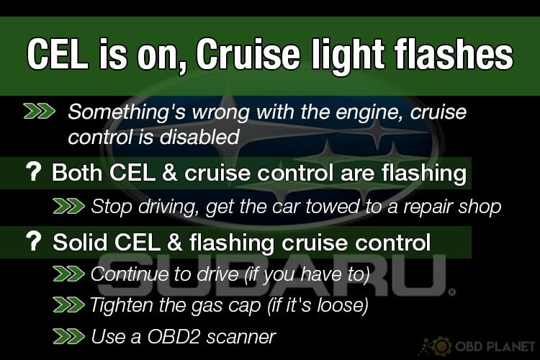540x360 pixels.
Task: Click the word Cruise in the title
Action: point(248,55)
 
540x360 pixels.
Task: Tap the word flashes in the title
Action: point(454,53)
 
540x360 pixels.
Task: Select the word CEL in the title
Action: point(58,55)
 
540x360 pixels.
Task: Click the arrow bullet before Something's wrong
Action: point(40,112)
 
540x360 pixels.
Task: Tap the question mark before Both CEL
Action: point(33,172)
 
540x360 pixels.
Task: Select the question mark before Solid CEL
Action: point(33,241)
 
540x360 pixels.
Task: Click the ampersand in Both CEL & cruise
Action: point(169,172)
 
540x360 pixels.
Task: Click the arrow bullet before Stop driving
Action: point(69,207)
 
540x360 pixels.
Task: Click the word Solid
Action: point(80,242)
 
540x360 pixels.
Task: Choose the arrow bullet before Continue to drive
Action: point(69,274)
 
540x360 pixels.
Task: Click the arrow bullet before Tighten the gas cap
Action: point(69,305)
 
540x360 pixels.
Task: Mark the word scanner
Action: point(241,337)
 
